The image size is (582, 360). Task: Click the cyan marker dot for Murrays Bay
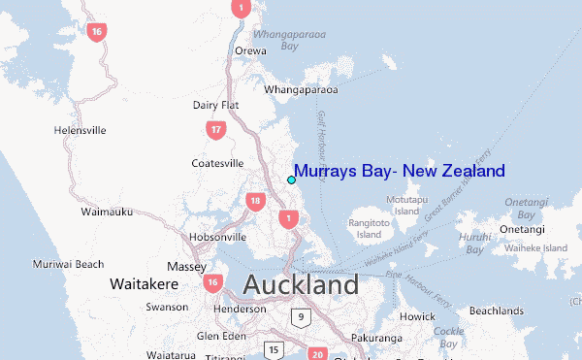(291, 180)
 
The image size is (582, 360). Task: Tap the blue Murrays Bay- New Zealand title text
(399, 172)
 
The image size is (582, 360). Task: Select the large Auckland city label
(301, 285)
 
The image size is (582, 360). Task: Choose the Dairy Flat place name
(215, 105)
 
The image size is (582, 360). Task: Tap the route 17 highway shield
(216, 129)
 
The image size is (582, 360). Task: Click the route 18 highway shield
(255, 202)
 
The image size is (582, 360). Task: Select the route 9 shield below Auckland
(302, 316)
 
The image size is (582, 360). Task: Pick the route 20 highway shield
(316, 355)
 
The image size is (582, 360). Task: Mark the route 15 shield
(275, 349)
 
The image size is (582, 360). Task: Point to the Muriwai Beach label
(68, 264)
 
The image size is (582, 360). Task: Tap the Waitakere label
(141, 285)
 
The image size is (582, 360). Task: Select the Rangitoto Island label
(369, 228)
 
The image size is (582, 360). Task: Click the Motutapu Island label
(407, 205)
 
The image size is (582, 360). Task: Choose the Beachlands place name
(497, 311)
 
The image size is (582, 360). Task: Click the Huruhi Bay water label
(474, 243)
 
